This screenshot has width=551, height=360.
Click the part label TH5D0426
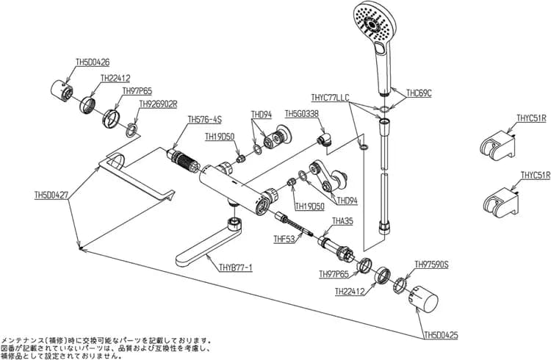93,62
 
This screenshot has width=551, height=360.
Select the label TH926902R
158,104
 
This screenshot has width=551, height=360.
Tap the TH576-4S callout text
205,120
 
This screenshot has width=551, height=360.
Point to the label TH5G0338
301,114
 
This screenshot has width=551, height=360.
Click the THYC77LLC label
331,98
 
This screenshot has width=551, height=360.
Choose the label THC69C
419,93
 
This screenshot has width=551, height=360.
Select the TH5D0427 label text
51,195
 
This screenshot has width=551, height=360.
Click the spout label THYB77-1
235,268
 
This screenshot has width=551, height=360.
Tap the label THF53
284,240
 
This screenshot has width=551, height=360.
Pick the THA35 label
342,221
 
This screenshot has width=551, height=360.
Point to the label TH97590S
431,264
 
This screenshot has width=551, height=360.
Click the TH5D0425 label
441,336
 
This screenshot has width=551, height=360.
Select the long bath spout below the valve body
208,244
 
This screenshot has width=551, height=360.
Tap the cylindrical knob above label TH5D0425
423,298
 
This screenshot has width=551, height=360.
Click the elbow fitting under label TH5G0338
325,139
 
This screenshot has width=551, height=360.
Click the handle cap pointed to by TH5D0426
62,90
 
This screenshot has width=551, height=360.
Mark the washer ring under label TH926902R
132,130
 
